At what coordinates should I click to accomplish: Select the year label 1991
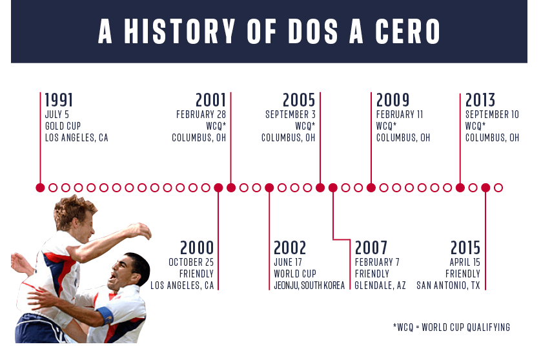[59, 100]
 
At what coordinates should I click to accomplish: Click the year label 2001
[211, 100]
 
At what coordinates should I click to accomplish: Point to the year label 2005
[299, 100]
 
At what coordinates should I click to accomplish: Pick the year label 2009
[393, 100]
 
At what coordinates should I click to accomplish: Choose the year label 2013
[480, 100]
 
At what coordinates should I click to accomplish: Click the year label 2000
[197, 248]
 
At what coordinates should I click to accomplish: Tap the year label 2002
[290, 248]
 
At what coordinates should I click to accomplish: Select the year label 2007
[371, 248]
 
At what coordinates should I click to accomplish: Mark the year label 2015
[465, 248]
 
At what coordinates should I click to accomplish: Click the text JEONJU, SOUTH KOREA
[309, 285]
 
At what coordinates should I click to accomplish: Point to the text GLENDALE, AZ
[380, 285]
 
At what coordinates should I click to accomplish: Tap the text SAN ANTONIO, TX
[448, 285]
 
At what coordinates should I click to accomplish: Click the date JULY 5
[57, 115]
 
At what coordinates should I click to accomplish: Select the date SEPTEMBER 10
[492, 115]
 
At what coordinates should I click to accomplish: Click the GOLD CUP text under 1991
[63, 126]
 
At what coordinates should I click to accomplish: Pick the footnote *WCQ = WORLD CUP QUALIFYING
[451, 328]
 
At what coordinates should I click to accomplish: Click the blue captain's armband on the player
[104, 317]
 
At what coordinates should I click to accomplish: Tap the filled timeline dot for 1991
[40, 188]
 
